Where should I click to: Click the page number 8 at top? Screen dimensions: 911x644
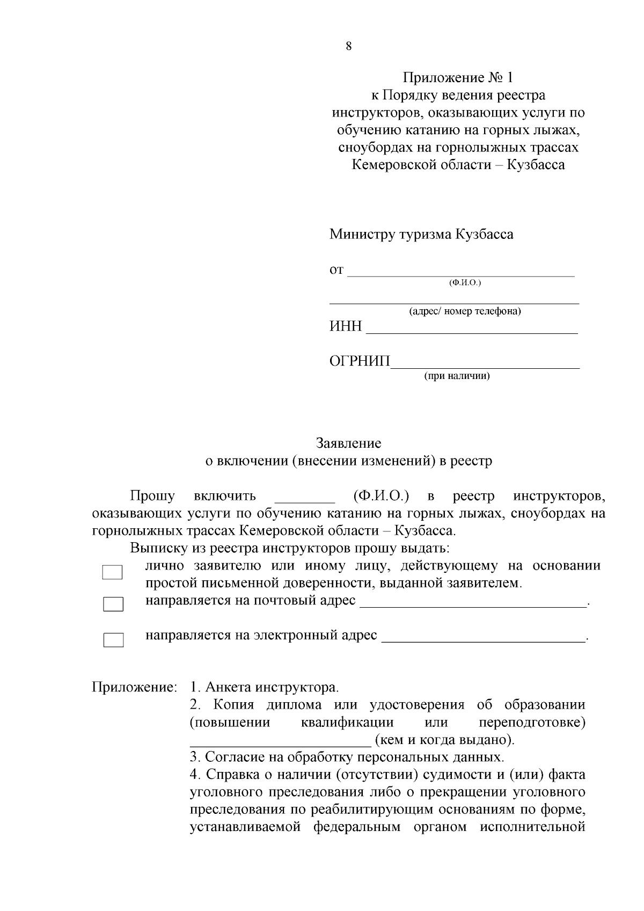pos(348,46)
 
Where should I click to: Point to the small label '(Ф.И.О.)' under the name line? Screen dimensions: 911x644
pos(465,282)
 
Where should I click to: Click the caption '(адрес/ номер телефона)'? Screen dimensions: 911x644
pos(465,311)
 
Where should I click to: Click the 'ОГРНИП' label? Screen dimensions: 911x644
pos(360,361)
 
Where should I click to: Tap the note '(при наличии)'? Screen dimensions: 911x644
pos(457,376)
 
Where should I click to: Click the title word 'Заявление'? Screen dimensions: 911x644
pos(348,443)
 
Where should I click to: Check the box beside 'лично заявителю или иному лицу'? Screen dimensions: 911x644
pos(113,572)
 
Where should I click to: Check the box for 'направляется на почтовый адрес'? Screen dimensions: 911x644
pos(113,604)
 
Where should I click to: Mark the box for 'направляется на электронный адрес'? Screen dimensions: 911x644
pos(113,640)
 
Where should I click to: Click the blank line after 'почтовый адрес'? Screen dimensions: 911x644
pos(473,604)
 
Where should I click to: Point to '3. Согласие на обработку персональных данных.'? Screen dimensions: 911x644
pos(347,757)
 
